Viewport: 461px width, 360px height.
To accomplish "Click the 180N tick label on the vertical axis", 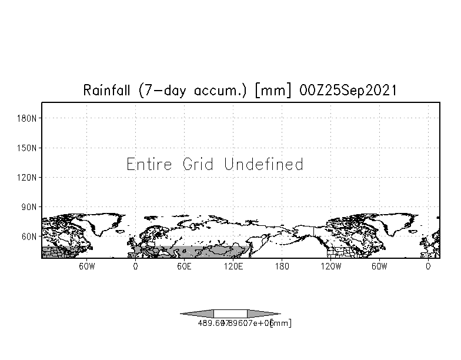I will click(x=28, y=118).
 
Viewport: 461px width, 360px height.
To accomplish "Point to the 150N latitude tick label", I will click(x=28, y=148).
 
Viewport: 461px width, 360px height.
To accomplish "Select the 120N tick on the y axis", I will click(x=28, y=177).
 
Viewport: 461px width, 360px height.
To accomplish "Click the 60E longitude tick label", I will click(x=184, y=266).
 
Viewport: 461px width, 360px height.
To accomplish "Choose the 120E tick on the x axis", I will click(x=233, y=266).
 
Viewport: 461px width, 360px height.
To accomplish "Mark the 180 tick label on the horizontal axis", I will click(x=282, y=266).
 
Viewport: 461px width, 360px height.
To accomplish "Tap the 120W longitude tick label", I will click(x=330, y=266).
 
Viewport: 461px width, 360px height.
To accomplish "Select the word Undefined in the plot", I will click(x=264, y=164).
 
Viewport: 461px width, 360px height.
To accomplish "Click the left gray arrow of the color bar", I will click(x=197, y=314).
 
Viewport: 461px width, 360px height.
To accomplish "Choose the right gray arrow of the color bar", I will click(x=263, y=314).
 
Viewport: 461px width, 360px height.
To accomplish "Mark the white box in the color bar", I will click(x=230, y=314).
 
